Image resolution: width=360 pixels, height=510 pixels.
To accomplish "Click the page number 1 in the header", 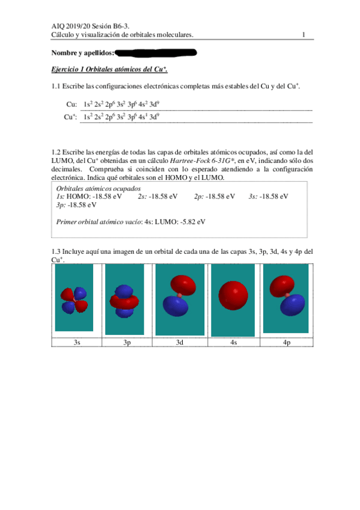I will (305, 35).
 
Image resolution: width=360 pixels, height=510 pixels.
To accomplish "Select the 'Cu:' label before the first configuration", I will (71, 105).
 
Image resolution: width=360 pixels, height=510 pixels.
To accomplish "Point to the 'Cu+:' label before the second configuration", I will (70, 117).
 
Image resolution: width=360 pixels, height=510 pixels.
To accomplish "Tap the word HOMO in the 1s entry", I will (78, 196).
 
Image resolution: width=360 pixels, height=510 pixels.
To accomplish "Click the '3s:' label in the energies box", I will (252, 196).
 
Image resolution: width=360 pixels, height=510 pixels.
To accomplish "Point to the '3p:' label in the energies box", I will (61, 204).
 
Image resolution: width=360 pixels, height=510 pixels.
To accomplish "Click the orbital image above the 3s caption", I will (75, 300).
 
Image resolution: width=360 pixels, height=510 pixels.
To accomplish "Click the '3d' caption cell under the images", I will (180, 342).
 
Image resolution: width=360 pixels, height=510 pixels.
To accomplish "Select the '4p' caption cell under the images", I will (287, 342).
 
